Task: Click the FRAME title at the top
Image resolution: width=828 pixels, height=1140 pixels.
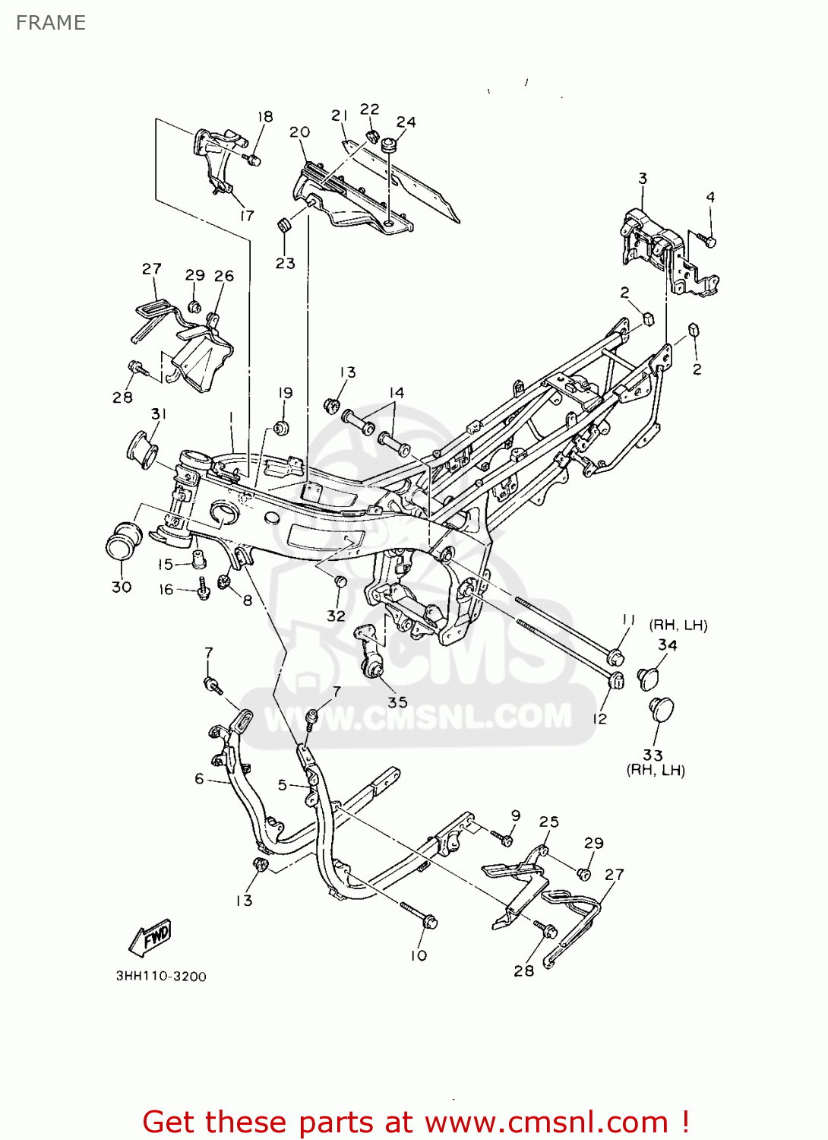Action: (x=50, y=23)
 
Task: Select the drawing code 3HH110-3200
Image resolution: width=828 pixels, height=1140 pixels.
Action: (x=160, y=977)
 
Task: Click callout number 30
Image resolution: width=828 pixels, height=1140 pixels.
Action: (x=122, y=587)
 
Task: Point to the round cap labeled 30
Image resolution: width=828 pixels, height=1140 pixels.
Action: (x=123, y=539)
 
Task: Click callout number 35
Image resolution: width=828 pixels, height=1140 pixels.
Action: (x=397, y=701)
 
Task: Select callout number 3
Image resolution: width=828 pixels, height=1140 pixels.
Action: (x=643, y=179)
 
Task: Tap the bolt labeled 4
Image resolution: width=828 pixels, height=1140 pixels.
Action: (x=709, y=241)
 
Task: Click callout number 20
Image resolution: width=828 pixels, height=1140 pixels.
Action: (x=300, y=131)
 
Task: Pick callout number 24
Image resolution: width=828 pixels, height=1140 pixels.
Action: (x=406, y=122)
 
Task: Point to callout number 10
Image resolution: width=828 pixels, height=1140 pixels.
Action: (x=419, y=955)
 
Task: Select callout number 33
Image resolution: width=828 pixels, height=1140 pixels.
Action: (x=653, y=755)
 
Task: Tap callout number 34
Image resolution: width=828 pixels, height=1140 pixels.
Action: (x=667, y=644)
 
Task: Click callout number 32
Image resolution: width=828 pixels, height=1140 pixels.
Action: (x=336, y=616)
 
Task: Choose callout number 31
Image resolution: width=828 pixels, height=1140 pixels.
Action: (x=159, y=413)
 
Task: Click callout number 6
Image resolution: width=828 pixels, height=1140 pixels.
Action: (x=199, y=778)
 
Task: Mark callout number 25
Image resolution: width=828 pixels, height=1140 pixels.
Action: (x=548, y=822)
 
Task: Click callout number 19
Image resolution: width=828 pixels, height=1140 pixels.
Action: (x=286, y=393)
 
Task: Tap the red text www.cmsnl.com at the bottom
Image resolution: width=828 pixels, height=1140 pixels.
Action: (x=545, y=1122)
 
